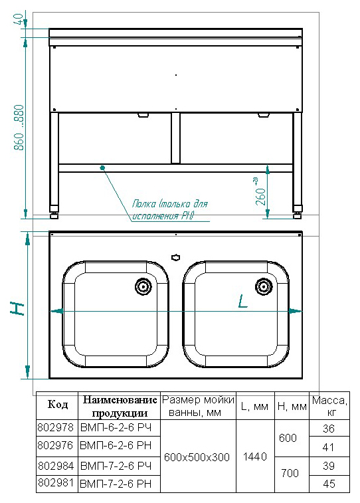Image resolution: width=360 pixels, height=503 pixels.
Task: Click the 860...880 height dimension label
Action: [19, 128]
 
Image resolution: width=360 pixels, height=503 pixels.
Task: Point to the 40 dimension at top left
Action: [19, 19]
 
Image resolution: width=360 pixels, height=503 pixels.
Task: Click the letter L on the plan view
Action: [243, 302]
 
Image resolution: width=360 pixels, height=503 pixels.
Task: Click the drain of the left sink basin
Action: [143, 286]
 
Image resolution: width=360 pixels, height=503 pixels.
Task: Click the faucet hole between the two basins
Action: [175, 257]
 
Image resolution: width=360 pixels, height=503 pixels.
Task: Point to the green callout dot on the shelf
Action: [102, 167]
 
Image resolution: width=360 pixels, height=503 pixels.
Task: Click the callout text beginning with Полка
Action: [170, 210]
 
